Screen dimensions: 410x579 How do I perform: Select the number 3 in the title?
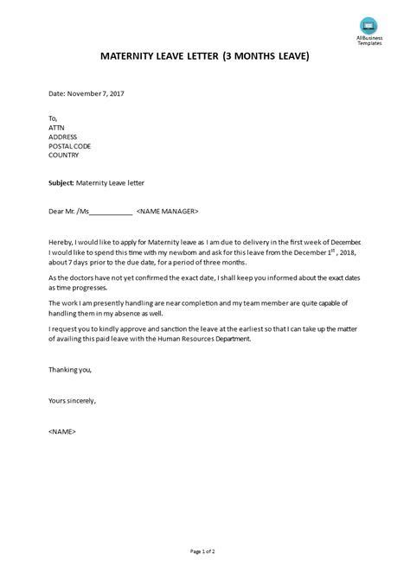pos(226,56)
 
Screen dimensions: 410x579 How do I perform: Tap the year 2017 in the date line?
pos(115,92)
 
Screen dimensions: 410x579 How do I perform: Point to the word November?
pos(86,92)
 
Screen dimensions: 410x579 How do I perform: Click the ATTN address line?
pos(56,128)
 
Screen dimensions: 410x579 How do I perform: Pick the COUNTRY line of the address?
pos(64,156)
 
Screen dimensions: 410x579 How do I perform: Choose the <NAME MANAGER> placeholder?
pos(168,210)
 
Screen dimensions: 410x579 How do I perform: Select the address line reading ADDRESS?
pos(63,137)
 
